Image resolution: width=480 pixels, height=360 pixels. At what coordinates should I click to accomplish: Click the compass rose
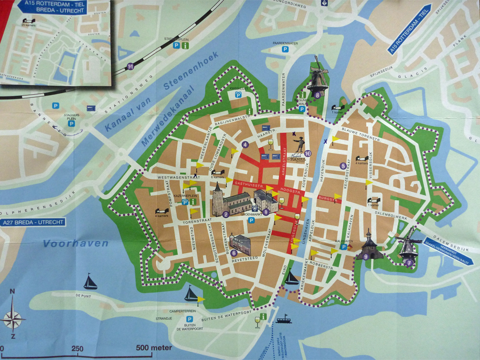point(13,317)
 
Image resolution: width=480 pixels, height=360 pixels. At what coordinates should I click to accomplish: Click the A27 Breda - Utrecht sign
point(32,222)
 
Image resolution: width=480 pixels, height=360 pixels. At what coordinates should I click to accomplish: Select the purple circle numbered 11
point(131,66)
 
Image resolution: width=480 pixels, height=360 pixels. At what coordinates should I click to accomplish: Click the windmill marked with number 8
point(318,77)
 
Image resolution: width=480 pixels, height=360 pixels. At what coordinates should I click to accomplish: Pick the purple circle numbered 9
point(366,257)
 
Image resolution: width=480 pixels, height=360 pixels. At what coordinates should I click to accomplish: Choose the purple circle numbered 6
point(234,253)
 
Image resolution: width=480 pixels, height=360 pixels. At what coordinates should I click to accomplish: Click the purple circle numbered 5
point(343,166)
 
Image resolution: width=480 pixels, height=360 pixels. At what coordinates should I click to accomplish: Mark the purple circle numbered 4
point(245,144)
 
